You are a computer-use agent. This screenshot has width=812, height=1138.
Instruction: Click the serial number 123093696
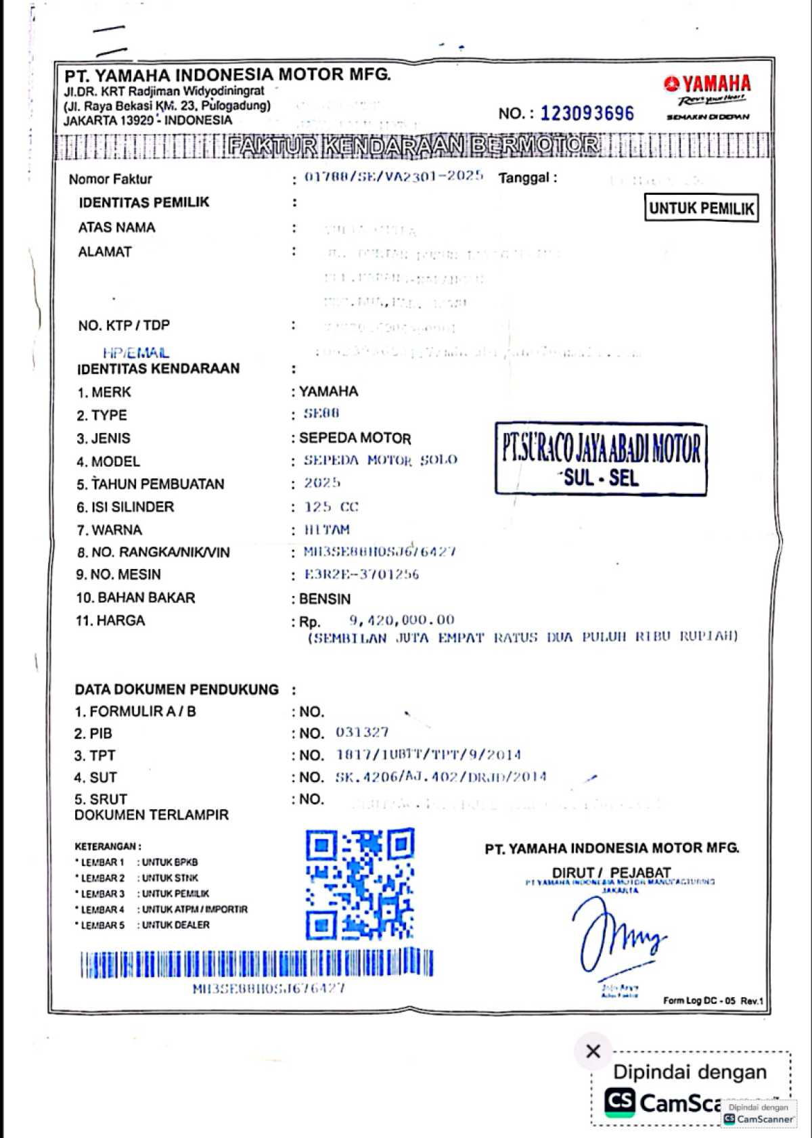[587, 113]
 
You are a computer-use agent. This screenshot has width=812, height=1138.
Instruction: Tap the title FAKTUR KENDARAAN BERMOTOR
[413, 145]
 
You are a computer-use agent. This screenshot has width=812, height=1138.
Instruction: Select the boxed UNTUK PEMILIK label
[701, 208]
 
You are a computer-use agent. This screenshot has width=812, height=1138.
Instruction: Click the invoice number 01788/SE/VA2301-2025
[394, 177]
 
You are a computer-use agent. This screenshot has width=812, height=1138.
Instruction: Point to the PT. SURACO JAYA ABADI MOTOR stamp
[601, 460]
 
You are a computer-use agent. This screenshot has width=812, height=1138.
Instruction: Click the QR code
[359, 884]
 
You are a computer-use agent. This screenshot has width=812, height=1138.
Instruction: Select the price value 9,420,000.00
[402, 620]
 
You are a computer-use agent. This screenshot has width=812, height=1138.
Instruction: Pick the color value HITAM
[327, 529]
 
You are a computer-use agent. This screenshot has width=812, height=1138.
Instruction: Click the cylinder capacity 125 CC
[331, 507]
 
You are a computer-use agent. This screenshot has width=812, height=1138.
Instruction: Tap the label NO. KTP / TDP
[124, 325]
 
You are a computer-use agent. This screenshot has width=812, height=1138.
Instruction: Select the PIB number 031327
[362, 732]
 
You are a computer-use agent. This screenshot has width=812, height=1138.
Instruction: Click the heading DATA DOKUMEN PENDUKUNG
[177, 689]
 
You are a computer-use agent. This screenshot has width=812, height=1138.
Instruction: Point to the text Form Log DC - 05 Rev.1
[713, 1001]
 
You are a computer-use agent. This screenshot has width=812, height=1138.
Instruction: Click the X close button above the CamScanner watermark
[593, 1051]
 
